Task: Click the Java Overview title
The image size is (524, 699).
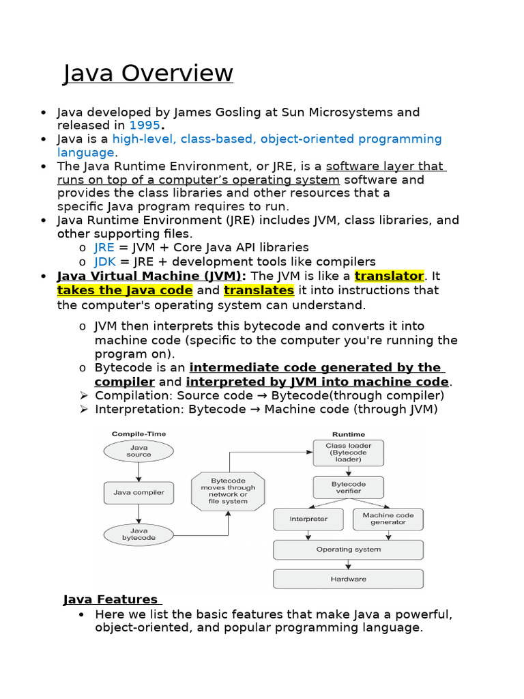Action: [x=148, y=73]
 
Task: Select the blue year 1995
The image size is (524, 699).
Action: [x=144, y=126]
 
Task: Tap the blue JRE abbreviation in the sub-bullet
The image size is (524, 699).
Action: [x=104, y=247]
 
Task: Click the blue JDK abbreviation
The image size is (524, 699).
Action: [x=105, y=261]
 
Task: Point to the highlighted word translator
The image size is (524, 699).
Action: [x=389, y=276]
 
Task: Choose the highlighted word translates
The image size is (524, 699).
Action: [x=259, y=290]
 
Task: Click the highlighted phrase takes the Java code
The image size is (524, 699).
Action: [x=125, y=290]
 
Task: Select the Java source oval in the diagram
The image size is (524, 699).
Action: [x=139, y=451]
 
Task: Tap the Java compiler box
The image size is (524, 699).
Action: [x=139, y=491]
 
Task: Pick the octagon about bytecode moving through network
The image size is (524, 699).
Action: [x=228, y=491]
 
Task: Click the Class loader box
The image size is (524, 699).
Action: [x=348, y=452]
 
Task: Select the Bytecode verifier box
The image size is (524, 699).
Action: [x=348, y=487]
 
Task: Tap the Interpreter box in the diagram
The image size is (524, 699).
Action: [x=308, y=519]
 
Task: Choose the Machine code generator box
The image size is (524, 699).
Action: [x=388, y=519]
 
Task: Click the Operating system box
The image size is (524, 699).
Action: [x=348, y=550]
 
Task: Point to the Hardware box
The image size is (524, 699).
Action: [x=348, y=579]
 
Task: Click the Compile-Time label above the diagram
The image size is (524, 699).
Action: [x=139, y=433]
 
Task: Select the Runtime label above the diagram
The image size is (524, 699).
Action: [x=348, y=433]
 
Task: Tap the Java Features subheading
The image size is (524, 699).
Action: [x=111, y=599]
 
